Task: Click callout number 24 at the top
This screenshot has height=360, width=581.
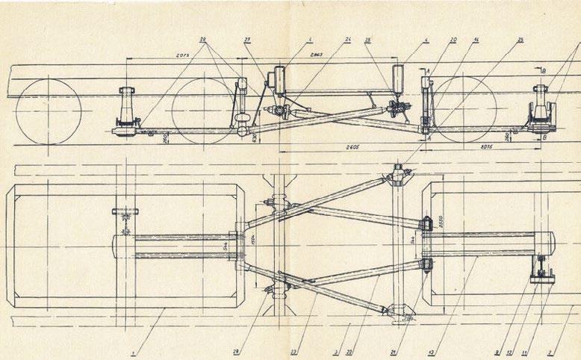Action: tap(347, 40)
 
